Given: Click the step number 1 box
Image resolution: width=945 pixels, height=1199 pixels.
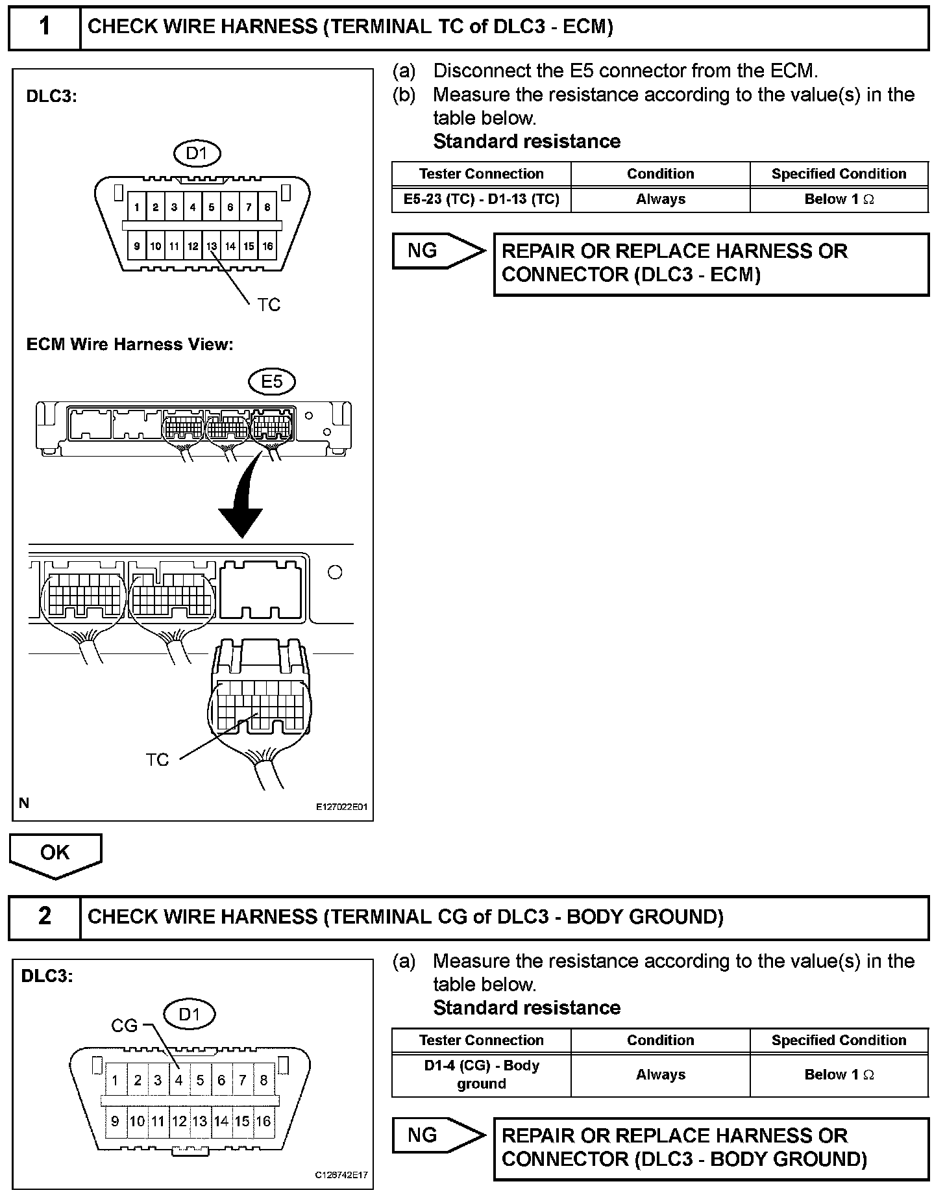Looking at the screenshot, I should (44, 27).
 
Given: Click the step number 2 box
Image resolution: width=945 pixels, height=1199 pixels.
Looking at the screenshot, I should (44, 916).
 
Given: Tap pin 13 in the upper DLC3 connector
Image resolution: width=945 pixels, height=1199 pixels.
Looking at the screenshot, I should (212, 246).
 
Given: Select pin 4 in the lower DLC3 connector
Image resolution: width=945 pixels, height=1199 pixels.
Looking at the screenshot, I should (178, 1080).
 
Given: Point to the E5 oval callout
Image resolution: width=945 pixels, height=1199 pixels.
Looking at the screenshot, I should (272, 382).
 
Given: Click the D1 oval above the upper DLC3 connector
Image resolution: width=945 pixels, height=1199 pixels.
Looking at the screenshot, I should (197, 153).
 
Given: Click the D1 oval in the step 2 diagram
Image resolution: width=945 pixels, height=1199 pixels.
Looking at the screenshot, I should (188, 1014).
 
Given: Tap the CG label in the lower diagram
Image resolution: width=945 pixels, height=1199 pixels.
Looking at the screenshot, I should (124, 1026).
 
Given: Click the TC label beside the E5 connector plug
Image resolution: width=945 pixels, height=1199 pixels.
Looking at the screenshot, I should (157, 759).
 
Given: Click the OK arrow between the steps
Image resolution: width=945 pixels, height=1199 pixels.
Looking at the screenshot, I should (55, 854).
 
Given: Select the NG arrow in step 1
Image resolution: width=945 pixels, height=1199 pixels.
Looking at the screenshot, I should (438, 251).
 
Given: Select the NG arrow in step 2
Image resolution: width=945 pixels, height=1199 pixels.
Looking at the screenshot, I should (438, 1135).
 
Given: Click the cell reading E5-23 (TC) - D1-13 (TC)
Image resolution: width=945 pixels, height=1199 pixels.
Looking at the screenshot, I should (481, 199).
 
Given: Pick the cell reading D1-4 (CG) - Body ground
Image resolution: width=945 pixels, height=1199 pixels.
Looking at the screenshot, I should (481, 1074).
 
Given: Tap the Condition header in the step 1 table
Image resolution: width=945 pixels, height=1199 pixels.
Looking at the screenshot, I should (660, 174).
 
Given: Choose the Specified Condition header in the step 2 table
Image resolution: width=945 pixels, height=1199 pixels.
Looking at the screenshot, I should (839, 1040).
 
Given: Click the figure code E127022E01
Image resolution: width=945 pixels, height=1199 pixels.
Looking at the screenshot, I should (341, 807).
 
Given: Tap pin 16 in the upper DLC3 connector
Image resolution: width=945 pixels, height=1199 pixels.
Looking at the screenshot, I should (267, 246).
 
